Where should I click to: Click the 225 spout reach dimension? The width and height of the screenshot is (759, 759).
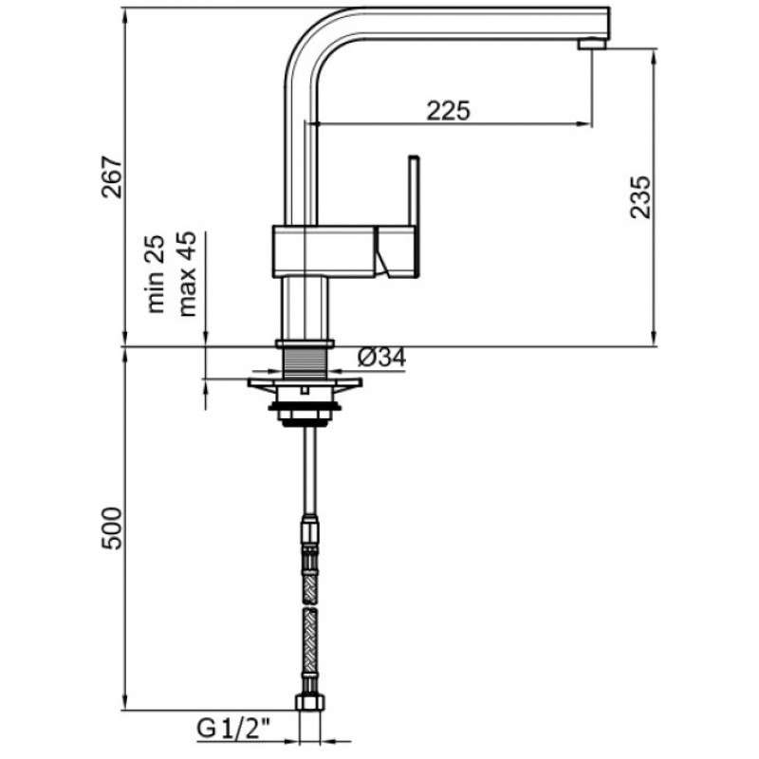point(448,111)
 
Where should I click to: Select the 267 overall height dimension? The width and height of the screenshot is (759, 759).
point(112,176)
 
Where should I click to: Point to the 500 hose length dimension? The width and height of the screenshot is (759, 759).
point(112,528)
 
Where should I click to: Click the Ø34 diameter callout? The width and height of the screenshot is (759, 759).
point(381,358)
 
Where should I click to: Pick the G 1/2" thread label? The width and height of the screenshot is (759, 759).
point(233,728)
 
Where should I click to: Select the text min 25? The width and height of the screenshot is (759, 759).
point(156,274)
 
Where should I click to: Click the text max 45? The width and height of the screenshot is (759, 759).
point(188,274)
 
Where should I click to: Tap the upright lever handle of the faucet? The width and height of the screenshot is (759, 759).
point(413,193)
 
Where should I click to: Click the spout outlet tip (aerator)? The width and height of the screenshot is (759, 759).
point(592,44)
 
